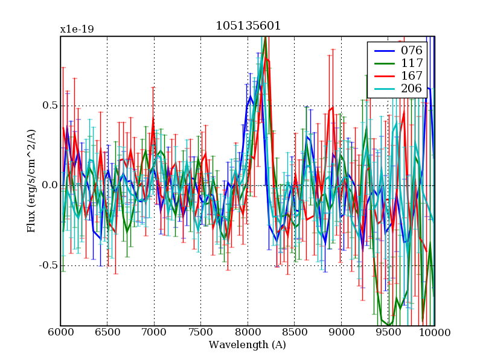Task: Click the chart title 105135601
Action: (x=248, y=26)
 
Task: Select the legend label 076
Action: (x=412, y=50)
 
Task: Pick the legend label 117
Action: (x=412, y=63)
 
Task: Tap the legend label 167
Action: (x=412, y=76)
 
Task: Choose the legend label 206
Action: (x=412, y=89)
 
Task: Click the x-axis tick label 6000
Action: (x=60, y=333)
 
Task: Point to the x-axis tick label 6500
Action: (x=107, y=333)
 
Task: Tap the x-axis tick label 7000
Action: (x=154, y=333)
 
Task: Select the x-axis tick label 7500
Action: (x=200, y=333)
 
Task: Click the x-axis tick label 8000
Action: (x=248, y=333)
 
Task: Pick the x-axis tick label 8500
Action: (x=294, y=333)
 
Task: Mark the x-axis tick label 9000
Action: (x=341, y=333)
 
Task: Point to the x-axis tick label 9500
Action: (x=388, y=333)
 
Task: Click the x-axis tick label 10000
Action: (x=433, y=333)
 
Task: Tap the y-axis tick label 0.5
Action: (x=48, y=105)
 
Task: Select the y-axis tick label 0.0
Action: (x=48, y=185)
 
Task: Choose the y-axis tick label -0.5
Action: (x=47, y=265)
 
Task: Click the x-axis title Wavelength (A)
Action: (x=248, y=345)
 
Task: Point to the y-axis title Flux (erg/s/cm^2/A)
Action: (x=31, y=181)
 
